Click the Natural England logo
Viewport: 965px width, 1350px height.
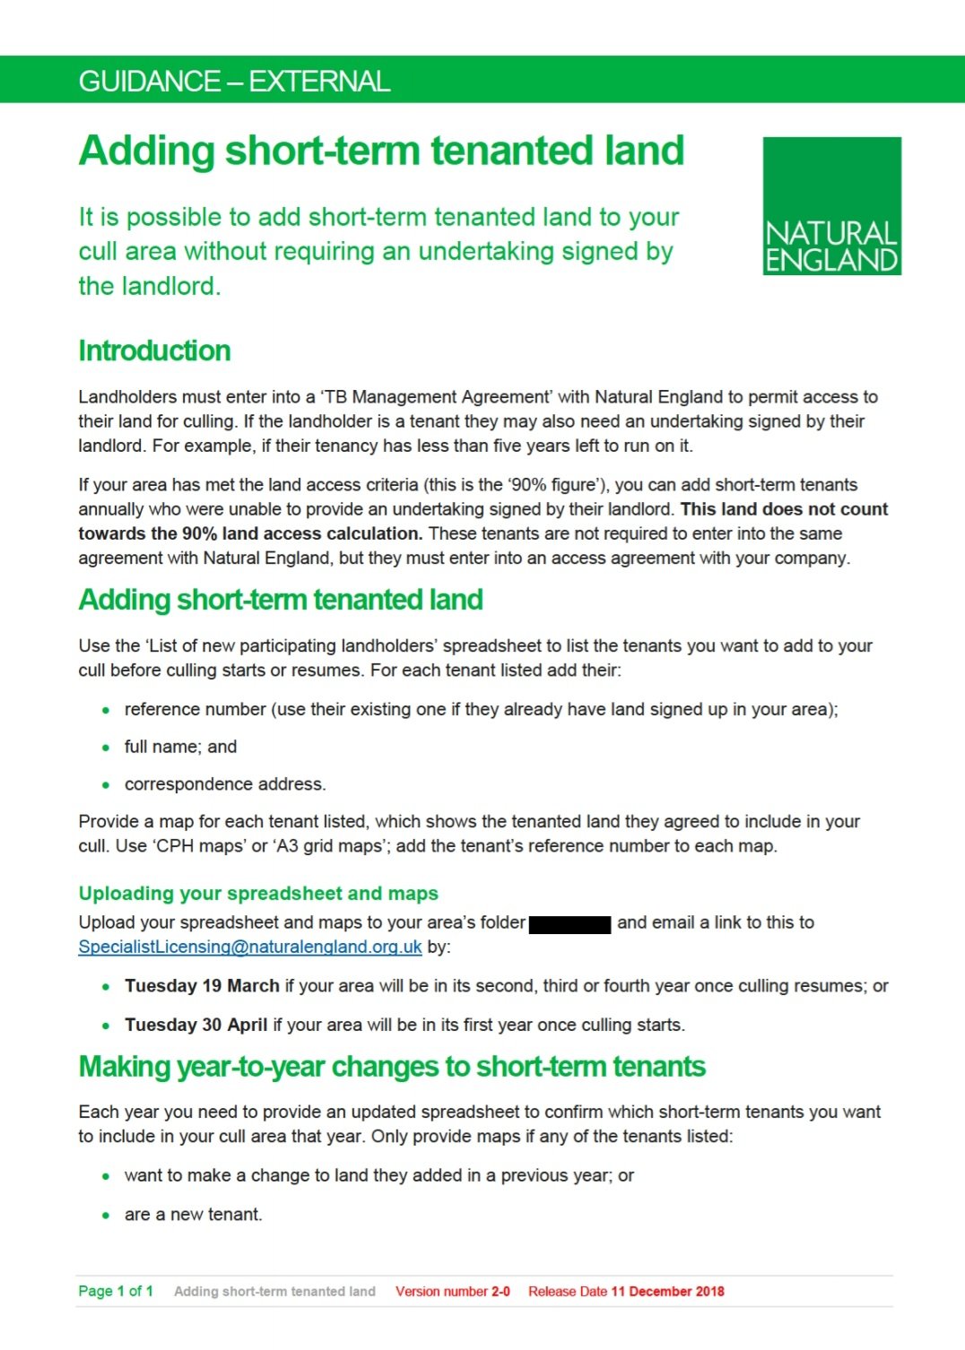tap(831, 205)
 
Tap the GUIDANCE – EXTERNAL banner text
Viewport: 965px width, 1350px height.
tap(234, 82)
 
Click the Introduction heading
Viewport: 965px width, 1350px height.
tap(154, 350)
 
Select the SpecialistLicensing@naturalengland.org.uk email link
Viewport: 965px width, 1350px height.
tap(249, 947)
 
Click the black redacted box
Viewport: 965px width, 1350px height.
tap(569, 923)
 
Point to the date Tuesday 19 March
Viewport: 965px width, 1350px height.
tap(202, 986)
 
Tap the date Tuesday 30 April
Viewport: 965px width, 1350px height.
tap(196, 1025)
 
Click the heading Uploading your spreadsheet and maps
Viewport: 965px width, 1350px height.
tap(258, 893)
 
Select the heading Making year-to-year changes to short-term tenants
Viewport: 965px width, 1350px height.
tap(392, 1067)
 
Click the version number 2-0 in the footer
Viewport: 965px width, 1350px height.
tap(500, 1292)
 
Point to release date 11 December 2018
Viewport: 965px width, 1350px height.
tap(667, 1292)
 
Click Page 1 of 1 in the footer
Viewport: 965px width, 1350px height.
tap(116, 1292)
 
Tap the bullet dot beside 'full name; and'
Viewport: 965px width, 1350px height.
tap(106, 748)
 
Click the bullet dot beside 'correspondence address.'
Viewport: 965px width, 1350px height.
tap(106, 785)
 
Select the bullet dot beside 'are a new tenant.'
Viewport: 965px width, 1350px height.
tap(106, 1216)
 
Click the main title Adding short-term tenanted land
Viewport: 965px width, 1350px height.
tap(381, 151)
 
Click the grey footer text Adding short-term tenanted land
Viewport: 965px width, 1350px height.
tap(274, 1292)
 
